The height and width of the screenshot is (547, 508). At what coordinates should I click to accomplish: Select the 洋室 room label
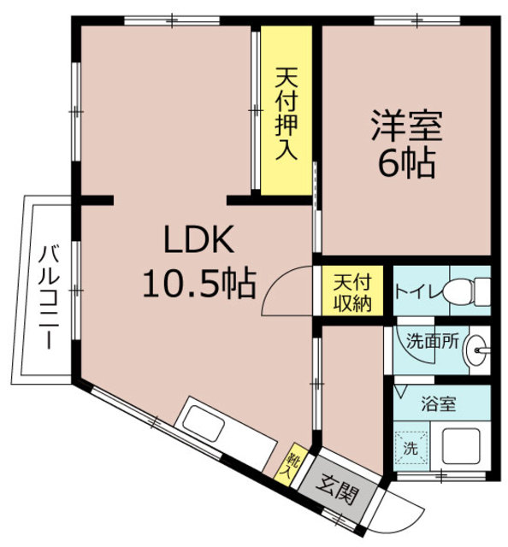click(x=405, y=126)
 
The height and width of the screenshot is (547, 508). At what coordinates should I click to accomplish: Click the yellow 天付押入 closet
click(x=286, y=112)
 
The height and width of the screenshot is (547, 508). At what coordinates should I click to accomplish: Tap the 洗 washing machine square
click(x=411, y=447)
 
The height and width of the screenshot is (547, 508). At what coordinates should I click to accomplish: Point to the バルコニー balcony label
click(x=48, y=295)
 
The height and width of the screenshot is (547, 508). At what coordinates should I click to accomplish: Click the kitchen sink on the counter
click(x=204, y=421)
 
